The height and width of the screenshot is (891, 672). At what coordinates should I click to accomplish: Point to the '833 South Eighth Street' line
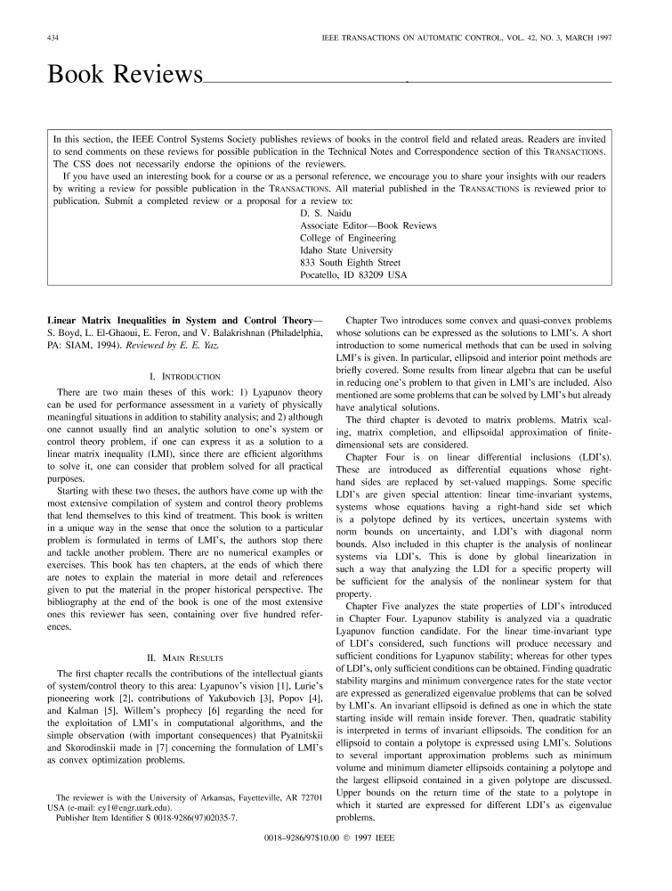[x=351, y=263]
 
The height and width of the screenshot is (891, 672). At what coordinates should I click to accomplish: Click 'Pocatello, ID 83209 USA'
[x=353, y=275]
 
